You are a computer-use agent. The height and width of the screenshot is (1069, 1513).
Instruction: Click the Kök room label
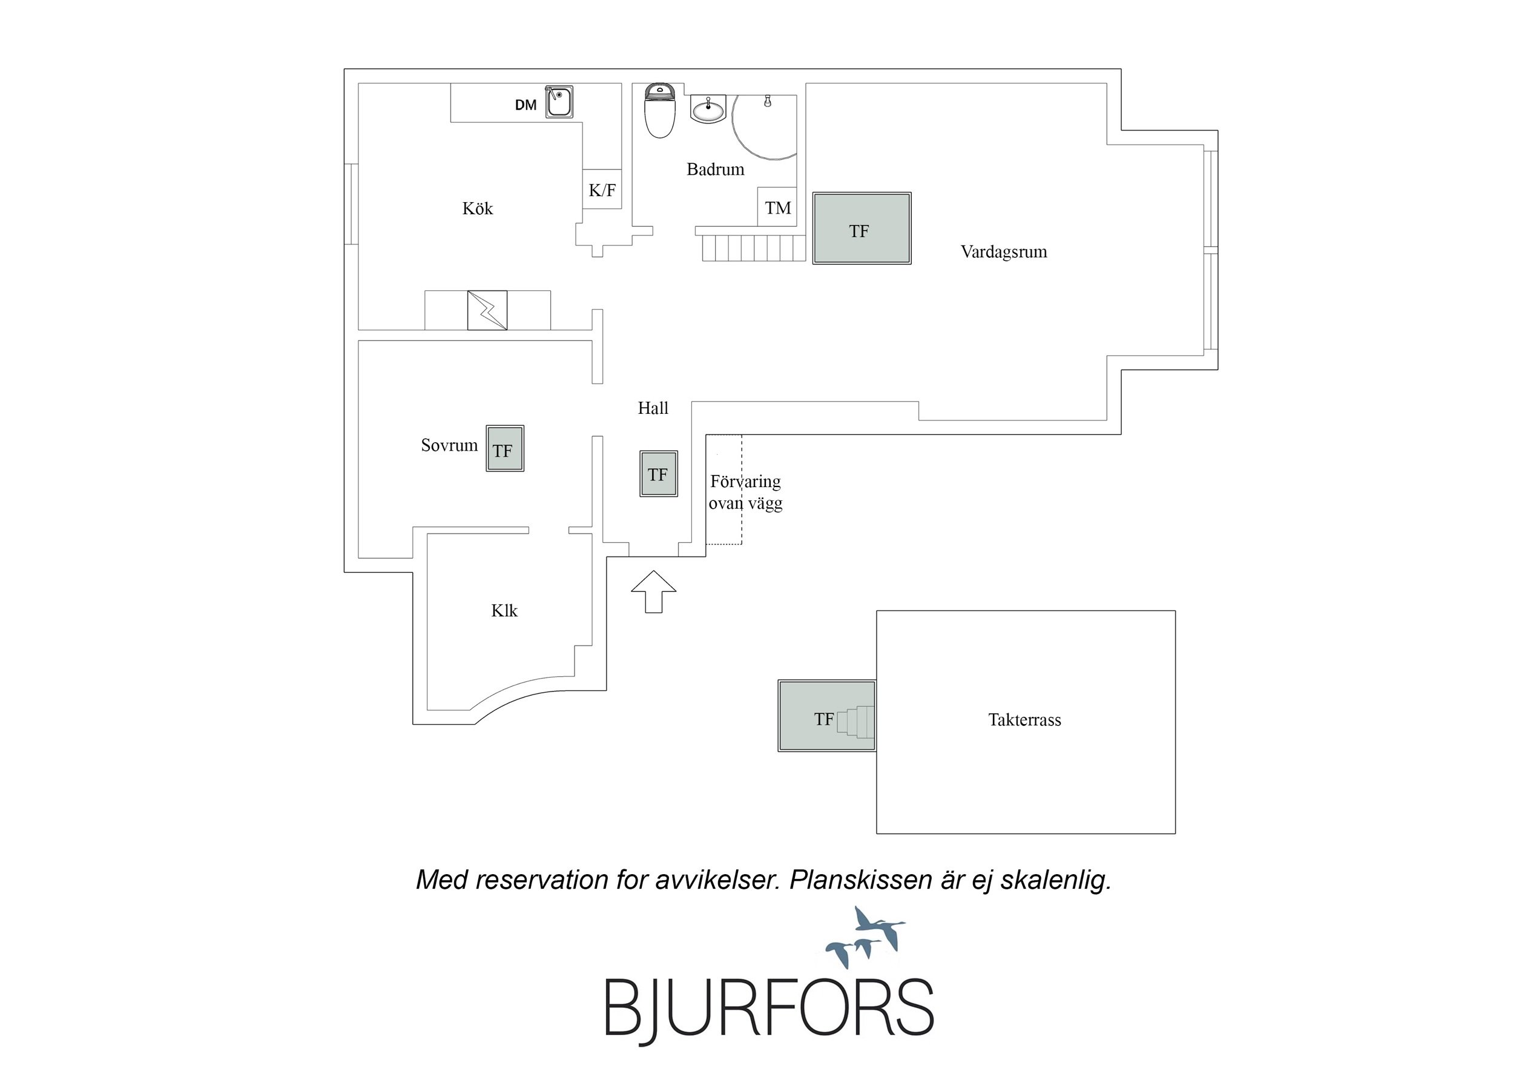tap(478, 209)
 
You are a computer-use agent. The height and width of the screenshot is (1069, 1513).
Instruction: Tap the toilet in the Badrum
tap(660, 110)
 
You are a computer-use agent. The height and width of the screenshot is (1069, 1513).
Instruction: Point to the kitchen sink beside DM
tap(559, 102)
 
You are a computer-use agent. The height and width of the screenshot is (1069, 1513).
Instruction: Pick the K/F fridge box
tap(602, 190)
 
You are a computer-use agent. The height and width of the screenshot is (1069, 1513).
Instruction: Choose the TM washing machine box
tap(777, 208)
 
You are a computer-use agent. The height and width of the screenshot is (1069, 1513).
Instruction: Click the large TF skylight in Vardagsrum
tap(862, 229)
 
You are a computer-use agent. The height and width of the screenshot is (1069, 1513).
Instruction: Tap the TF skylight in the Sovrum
tap(506, 448)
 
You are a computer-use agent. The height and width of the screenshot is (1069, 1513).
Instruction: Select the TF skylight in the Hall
tap(658, 474)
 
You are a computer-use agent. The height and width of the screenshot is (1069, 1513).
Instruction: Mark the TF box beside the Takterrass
tap(827, 716)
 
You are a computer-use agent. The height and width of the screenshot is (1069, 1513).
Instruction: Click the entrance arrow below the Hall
tap(654, 592)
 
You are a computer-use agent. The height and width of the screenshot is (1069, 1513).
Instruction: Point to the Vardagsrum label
tap(1004, 252)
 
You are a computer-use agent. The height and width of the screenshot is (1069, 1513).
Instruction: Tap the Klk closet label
tap(504, 610)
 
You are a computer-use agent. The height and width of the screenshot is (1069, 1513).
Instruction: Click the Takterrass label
tap(1024, 720)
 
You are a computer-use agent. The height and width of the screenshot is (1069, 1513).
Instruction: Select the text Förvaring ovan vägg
tap(745, 492)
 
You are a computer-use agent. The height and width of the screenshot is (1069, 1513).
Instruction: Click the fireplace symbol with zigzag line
tap(487, 310)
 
